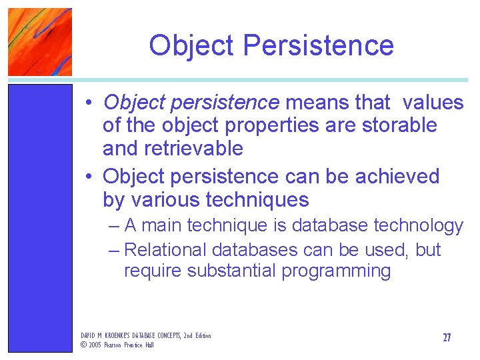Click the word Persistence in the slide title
tap(318, 45)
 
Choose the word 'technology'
tap(419, 227)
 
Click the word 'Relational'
tap(166, 250)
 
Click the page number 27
tap(447, 338)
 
